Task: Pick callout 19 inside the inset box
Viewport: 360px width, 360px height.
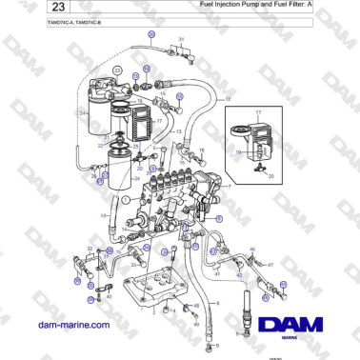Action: tap(240, 150)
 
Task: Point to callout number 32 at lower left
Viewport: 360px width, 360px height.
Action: tap(90, 249)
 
